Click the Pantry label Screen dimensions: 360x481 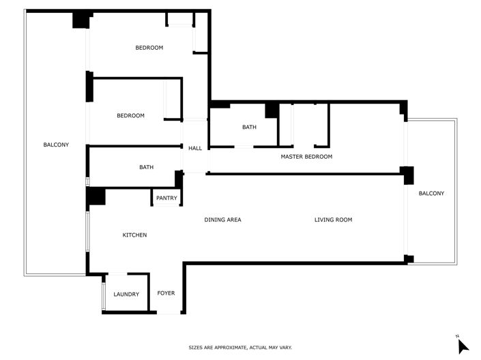click(x=166, y=198)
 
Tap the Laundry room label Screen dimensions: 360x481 click(x=126, y=295)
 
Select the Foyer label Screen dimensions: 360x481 click(x=166, y=293)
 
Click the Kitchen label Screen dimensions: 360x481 click(x=134, y=235)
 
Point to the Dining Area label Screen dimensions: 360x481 click(x=223, y=220)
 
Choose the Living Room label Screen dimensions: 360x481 click(x=333, y=220)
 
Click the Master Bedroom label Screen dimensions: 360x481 click(x=306, y=157)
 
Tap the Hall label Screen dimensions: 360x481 click(x=195, y=149)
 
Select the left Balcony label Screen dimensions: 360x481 click(x=56, y=145)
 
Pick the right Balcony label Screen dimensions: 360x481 click(x=431, y=194)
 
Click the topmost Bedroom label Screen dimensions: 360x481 click(x=149, y=47)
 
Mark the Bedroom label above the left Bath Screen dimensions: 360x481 click(x=130, y=116)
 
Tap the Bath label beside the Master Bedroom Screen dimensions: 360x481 click(x=249, y=127)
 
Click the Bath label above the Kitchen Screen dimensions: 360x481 click(x=146, y=167)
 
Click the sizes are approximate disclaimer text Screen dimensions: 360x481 click(x=240, y=348)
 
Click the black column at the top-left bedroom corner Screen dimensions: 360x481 click(x=81, y=20)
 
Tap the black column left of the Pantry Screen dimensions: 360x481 click(x=95, y=196)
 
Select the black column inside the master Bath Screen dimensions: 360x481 click(x=272, y=109)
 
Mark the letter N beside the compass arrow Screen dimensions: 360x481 click(x=457, y=336)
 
